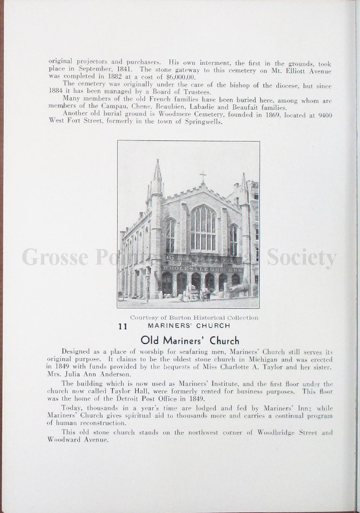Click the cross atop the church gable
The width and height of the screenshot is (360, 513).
(x=203, y=177)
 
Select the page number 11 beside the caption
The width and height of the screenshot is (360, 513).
(x=123, y=326)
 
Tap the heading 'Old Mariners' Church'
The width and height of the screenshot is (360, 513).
(x=189, y=341)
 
